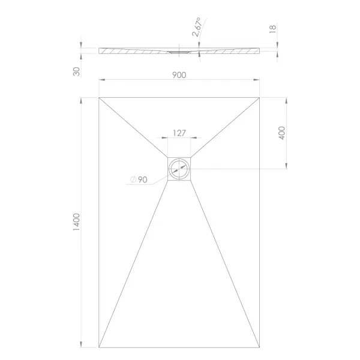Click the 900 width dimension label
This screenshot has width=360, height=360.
click(x=179, y=75)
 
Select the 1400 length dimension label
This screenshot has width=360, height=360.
click(x=76, y=222)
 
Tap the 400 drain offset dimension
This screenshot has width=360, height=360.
click(x=281, y=133)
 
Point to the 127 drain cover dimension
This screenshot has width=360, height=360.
click(x=179, y=133)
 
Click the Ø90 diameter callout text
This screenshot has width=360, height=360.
click(x=139, y=179)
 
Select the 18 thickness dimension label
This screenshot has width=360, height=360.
click(x=272, y=29)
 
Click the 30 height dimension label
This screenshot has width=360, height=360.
click(x=76, y=71)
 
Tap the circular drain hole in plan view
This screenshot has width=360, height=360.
click(x=179, y=169)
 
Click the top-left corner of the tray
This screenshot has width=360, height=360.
click(x=99, y=98)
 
